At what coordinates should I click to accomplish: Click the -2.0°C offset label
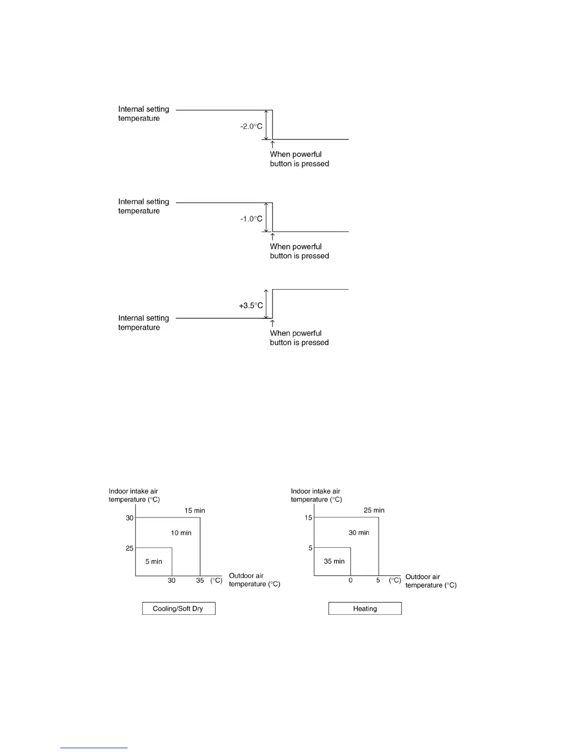point(251,126)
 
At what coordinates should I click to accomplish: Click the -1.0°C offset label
point(251,219)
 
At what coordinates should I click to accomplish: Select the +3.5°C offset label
point(251,306)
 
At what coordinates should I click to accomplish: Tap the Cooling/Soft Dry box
point(178,609)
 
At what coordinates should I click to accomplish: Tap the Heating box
point(365,609)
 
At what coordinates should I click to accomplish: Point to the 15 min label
point(195,511)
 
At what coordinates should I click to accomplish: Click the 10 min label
point(181,533)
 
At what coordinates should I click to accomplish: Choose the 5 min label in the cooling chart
point(153,562)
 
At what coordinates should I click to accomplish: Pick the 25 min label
point(374,510)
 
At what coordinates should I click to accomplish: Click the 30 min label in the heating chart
point(358,533)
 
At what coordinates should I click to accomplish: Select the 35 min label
point(334,561)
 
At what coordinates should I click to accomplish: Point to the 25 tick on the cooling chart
point(130,548)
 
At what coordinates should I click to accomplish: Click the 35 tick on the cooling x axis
point(200,581)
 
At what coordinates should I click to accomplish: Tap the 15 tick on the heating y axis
point(309,518)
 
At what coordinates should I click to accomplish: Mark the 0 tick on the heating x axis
point(350,581)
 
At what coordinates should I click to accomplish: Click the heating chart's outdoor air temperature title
point(431,581)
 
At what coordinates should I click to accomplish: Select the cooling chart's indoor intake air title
point(134,495)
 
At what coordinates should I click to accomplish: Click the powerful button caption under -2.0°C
point(299,159)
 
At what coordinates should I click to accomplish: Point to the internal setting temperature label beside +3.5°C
point(143,323)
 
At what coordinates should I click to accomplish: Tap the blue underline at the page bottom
point(94,748)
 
